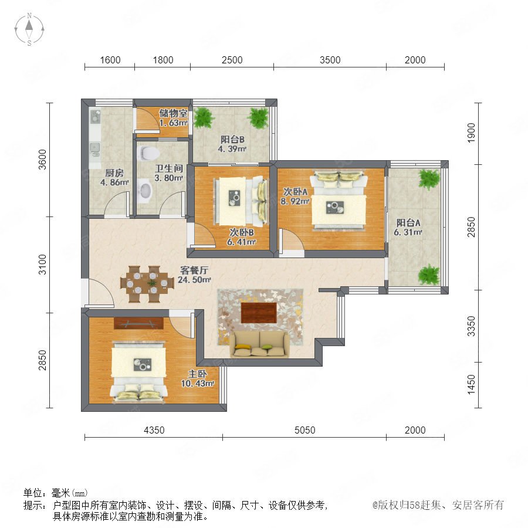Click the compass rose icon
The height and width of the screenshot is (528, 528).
tap(29, 29)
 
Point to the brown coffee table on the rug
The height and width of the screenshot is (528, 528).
tap(259, 313)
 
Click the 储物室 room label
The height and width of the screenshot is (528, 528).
tap(173, 113)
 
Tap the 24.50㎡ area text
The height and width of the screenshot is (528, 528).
tap(194, 279)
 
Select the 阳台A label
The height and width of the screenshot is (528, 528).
tap(408, 222)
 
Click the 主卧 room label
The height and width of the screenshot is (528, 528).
tap(197, 374)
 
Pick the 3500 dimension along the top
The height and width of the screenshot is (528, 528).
tap(330, 60)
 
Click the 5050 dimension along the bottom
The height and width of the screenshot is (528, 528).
tap(304, 430)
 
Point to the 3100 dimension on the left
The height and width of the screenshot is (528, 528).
tap(42, 265)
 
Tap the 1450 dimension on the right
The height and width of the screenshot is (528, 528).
tap(472, 384)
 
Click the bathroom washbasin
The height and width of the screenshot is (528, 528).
tap(145, 191)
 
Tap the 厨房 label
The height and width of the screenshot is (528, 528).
tap(114, 172)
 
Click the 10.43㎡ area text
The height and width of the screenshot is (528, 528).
tap(198, 383)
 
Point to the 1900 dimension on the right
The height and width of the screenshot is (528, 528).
tap(472, 133)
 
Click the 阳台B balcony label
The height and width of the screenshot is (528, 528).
tap(232, 140)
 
